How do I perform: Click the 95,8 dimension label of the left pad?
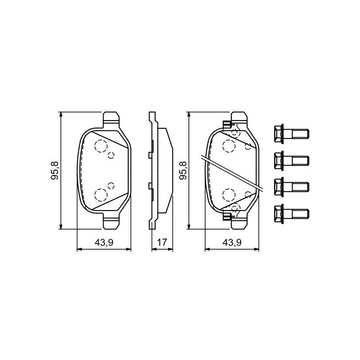click(x=55, y=171)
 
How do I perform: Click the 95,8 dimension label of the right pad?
click(x=183, y=171)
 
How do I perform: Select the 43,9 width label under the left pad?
click(x=104, y=243)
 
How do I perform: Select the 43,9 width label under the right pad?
click(x=232, y=243)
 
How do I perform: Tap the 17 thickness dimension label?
click(x=162, y=243)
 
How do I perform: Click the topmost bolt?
click(x=292, y=134)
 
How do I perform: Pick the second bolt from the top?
click(x=292, y=160)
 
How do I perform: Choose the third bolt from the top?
click(x=292, y=186)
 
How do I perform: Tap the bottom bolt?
click(x=292, y=213)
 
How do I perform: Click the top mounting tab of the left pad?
click(x=111, y=119)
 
